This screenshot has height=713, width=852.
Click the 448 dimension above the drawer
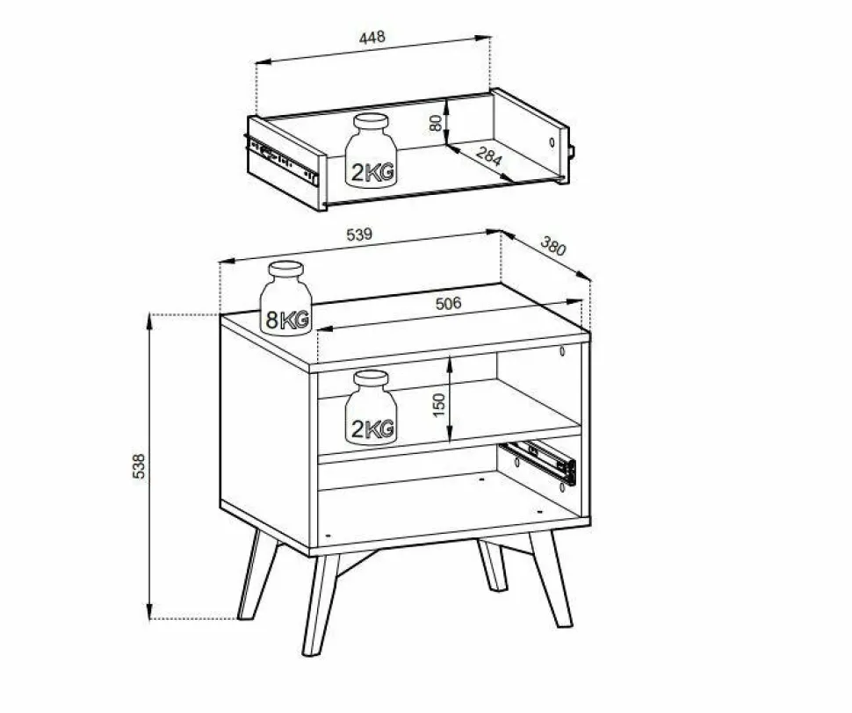(372, 37)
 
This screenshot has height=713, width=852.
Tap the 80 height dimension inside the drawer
(436, 123)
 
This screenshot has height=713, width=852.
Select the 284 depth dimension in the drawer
(488, 156)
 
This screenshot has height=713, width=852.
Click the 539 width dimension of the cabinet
(359, 234)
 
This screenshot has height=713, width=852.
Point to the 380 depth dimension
(553, 246)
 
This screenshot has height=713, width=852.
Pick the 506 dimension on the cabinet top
(448, 303)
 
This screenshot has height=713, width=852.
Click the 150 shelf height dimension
(439, 405)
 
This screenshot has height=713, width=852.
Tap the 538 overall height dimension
(139, 466)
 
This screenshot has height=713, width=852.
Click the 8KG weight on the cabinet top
(285, 299)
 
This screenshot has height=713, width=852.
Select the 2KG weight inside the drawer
(372, 151)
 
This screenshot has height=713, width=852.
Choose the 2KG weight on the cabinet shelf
(372, 407)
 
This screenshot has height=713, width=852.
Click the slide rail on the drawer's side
(282, 159)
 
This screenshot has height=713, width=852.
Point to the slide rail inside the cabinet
(538, 462)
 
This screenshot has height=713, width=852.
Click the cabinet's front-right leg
(551, 579)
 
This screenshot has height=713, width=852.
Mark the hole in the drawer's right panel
(552, 143)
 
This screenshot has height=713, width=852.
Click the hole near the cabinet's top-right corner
(562, 351)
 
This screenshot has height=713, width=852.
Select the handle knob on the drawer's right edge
(571, 151)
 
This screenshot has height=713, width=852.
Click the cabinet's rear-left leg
(258, 574)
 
